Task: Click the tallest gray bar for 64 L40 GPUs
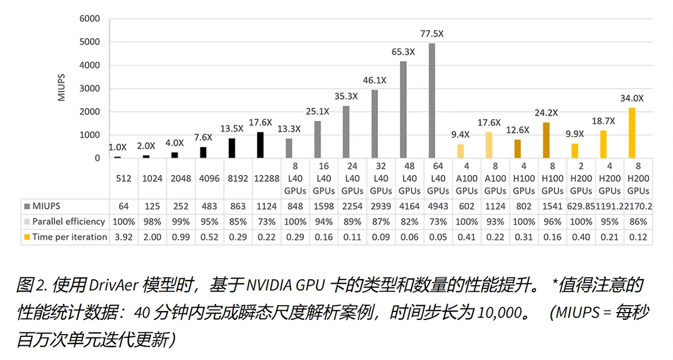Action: click(x=432, y=101)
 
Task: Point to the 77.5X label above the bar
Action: click(x=432, y=34)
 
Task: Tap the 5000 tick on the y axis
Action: click(x=89, y=42)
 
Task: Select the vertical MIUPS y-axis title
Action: click(x=62, y=87)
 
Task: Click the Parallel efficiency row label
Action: click(x=68, y=221)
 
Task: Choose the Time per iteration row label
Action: click(x=69, y=236)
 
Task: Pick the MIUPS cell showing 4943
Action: click(x=438, y=206)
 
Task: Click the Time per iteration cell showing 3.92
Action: click(x=124, y=236)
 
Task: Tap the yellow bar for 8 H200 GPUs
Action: click(x=632, y=133)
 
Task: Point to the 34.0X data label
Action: click(x=632, y=98)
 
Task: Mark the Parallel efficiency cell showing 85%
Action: click(x=238, y=221)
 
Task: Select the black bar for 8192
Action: click(x=231, y=148)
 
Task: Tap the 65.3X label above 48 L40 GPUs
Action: click(x=403, y=52)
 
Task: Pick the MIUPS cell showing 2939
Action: click(x=381, y=206)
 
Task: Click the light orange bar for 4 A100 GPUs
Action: click(x=461, y=151)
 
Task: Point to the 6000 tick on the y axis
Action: click(x=89, y=19)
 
